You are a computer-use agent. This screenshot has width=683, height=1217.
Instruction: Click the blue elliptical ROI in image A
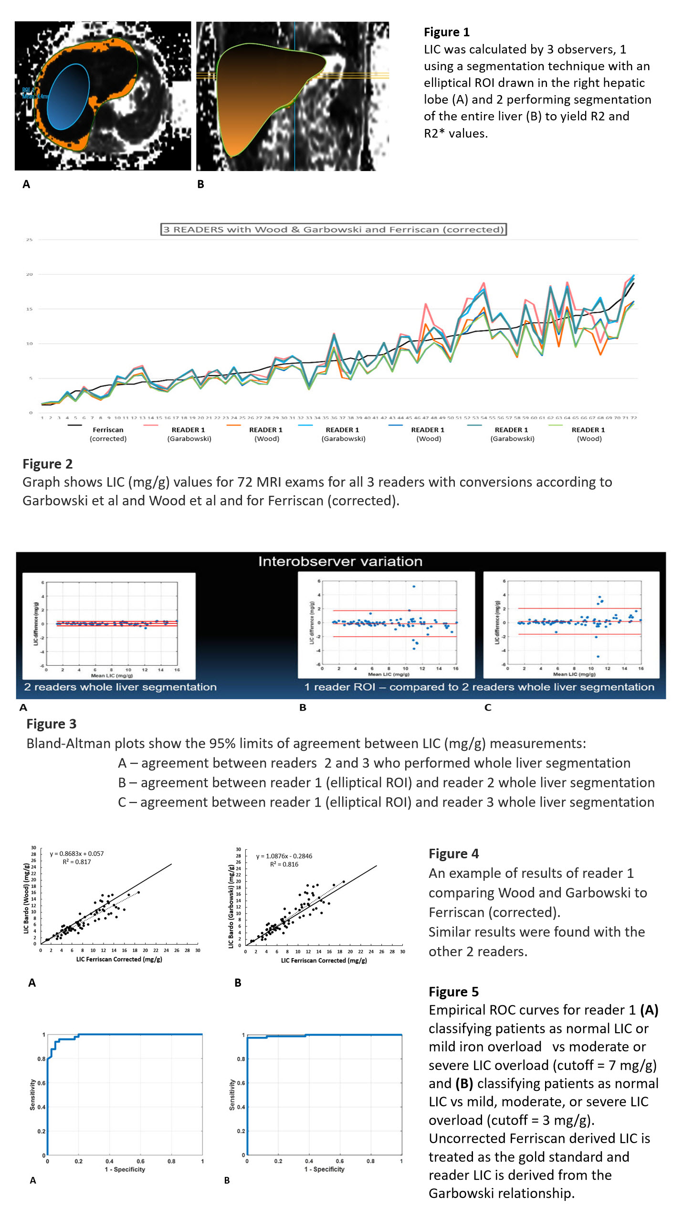69,97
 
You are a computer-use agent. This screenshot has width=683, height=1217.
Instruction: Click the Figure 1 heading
446,32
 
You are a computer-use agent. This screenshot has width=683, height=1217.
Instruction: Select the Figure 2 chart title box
333,230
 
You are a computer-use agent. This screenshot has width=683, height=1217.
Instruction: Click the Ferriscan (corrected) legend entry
108,434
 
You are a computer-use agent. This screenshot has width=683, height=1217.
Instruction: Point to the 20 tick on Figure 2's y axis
30,275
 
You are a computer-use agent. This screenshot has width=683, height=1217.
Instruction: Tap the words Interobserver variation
340,561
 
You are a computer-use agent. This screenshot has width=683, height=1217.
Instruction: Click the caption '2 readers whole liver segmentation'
120,687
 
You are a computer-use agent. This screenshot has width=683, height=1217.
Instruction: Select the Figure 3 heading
51,724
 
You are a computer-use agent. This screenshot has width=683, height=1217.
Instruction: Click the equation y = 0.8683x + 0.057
76,854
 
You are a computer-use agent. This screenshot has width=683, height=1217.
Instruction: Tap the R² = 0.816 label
284,864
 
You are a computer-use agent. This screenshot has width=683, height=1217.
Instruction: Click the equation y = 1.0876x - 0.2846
284,856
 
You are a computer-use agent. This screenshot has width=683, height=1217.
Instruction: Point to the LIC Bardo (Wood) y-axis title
26,898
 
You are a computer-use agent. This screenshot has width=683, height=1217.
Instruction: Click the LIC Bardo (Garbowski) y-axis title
231,899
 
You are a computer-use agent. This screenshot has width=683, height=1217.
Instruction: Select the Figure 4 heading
453,854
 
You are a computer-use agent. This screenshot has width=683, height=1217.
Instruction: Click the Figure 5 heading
453,992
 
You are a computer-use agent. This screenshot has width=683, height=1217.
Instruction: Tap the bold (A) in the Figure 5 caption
649,1010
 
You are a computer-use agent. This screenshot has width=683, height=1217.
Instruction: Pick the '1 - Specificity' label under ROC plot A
125,1169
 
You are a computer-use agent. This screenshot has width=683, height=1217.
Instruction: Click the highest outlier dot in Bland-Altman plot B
414,586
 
